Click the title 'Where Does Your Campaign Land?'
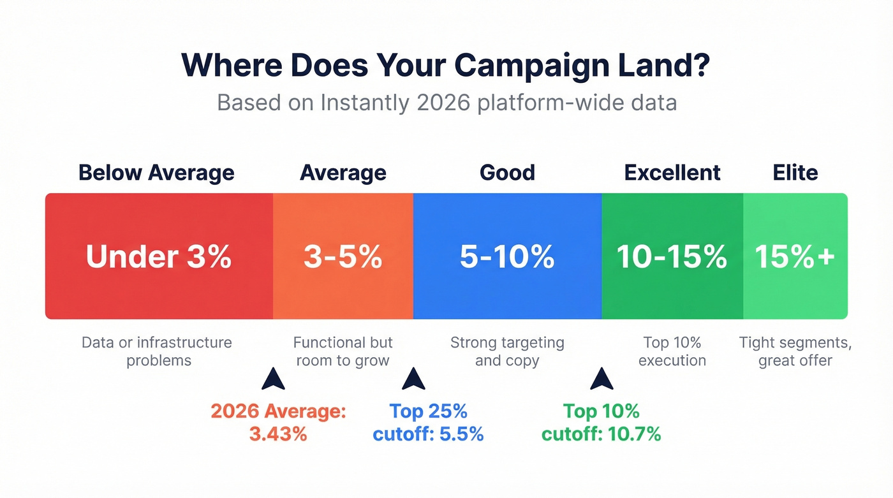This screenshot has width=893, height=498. coord(445,66)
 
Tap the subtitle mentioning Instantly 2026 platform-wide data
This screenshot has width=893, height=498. coord(447,102)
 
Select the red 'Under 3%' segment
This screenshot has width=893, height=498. coord(159,256)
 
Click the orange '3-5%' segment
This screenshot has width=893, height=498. coord(343,256)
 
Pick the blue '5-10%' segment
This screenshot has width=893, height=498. coord(507,256)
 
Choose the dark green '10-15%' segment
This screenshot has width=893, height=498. coord(672,256)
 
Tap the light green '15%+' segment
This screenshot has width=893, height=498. coord(795,256)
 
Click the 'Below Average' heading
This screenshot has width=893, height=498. coord(156,173)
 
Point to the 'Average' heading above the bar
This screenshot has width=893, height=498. coord(343,173)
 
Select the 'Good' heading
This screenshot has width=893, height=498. coord(508,173)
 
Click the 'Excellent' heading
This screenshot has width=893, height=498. coord(672,173)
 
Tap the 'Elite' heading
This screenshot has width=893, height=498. coord(795,173)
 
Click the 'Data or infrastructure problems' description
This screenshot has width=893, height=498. coord(158,351)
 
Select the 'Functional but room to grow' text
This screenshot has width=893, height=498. coord(343,351)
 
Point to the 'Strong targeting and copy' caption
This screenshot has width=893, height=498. coord(507,351)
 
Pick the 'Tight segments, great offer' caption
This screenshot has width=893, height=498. coord(795,351)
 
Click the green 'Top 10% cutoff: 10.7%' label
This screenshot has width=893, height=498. coord(601,423)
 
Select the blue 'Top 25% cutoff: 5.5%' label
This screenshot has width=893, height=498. coord(428,423)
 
